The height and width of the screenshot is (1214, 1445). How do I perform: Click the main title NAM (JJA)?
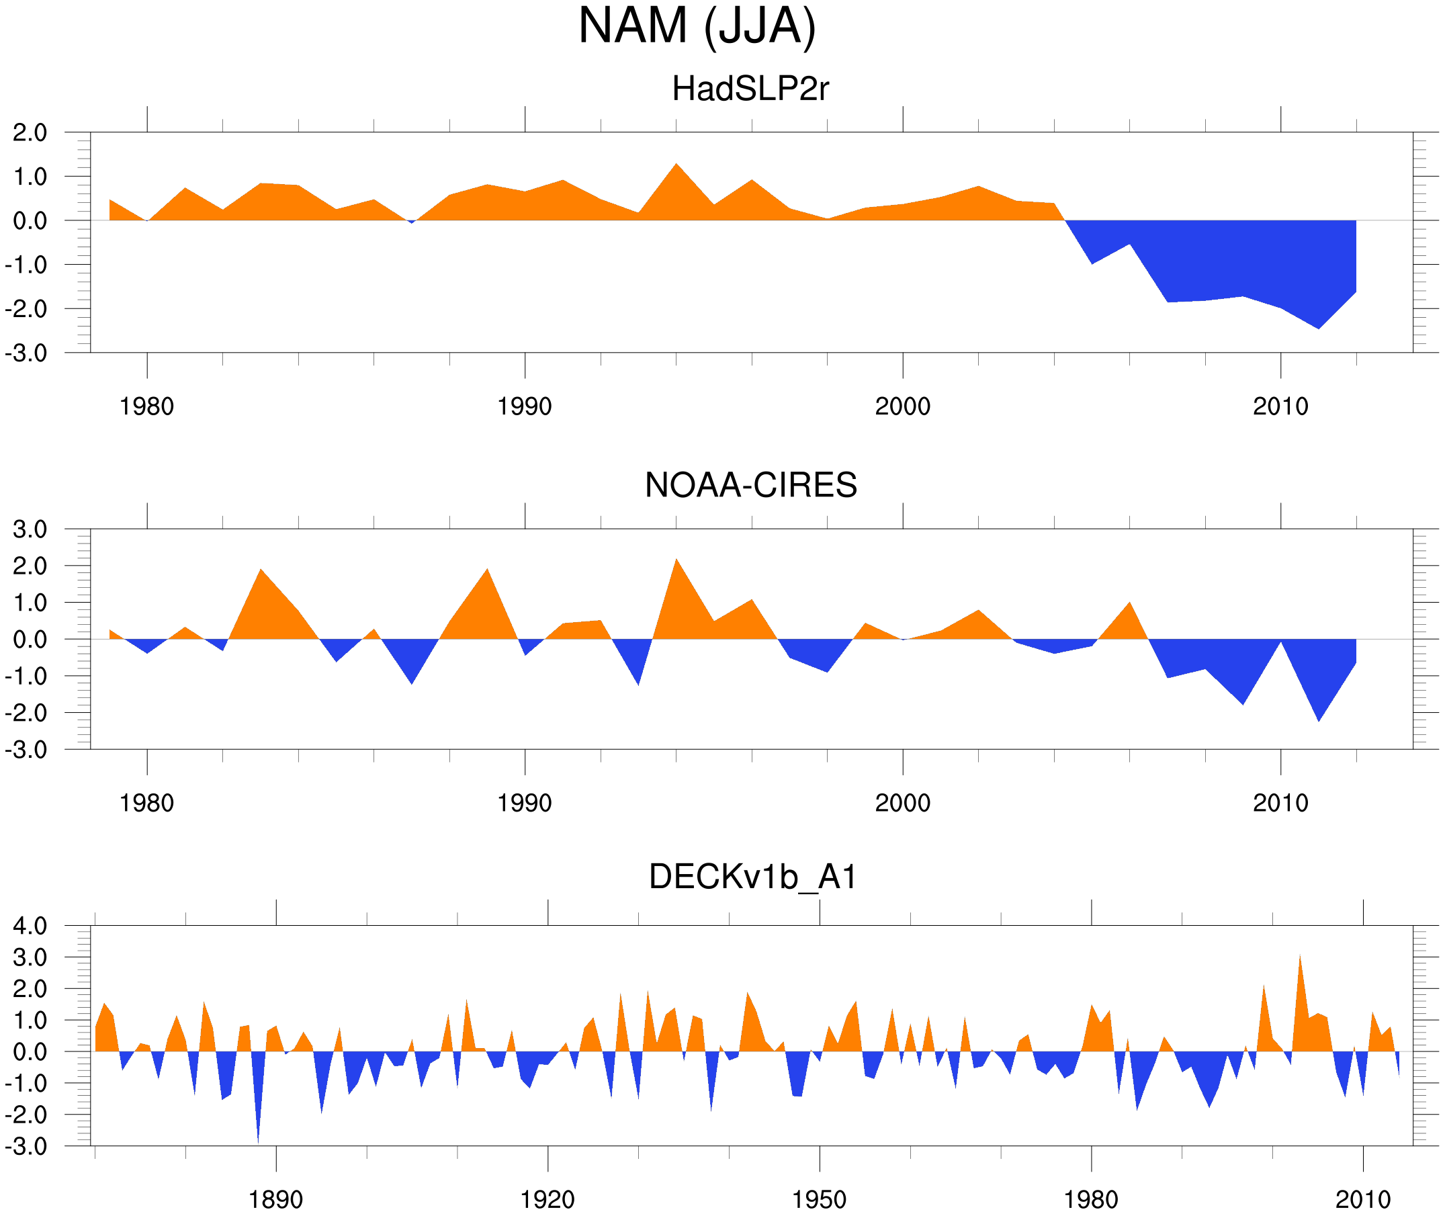697,26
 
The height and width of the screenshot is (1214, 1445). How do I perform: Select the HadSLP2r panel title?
750,89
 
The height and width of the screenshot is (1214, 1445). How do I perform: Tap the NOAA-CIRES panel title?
750,485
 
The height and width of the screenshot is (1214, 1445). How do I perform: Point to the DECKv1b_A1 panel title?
753,877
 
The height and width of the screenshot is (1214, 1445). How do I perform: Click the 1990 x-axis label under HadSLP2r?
525,406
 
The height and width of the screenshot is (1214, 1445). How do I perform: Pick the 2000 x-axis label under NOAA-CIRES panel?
902,803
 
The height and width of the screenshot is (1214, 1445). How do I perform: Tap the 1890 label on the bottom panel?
275,1199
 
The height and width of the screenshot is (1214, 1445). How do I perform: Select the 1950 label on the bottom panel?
819,1199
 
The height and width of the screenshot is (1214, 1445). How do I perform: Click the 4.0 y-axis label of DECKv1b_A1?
30,926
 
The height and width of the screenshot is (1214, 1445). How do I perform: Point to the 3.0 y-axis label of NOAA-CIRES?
30,530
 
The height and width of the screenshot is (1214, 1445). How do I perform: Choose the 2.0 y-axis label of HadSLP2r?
30,132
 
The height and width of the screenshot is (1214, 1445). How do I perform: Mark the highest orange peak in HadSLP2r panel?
676,166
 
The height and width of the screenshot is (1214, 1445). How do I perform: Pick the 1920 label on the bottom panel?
547,1199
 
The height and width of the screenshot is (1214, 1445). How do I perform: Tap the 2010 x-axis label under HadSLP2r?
1280,406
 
